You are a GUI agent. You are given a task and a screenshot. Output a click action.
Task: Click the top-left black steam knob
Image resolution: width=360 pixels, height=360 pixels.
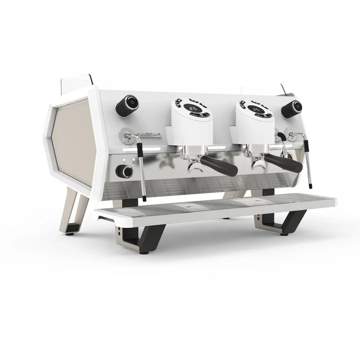tap(128, 103)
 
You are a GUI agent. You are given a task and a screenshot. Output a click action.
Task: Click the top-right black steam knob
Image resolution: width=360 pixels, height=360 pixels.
tap(292, 108)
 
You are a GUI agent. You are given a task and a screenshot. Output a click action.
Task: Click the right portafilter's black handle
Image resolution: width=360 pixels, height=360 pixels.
tap(283, 163)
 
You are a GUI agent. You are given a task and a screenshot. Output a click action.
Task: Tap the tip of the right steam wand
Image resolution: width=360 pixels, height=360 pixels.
tap(310, 185)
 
